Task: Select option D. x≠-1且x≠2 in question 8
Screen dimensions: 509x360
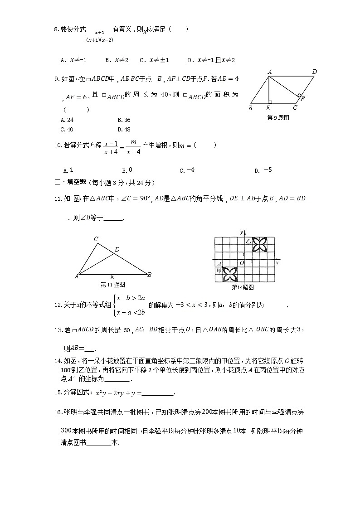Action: coord(211,60)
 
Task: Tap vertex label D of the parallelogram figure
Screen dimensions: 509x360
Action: coord(314,72)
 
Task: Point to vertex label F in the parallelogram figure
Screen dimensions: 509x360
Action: coord(302,98)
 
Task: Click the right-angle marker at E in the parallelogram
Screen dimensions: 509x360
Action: coord(269,102)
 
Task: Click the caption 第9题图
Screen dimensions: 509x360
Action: coord(278,117)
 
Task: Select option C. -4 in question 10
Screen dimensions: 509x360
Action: coord(187,170)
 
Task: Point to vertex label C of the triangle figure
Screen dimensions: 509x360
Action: coord(96,239)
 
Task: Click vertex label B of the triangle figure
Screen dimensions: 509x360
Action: coord(150,275)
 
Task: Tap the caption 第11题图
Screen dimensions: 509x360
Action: coord(112,285)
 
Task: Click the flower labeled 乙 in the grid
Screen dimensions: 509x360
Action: coord(260,244)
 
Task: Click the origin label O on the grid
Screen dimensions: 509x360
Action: coord(242,263)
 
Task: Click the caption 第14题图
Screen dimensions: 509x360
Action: coord(243,287)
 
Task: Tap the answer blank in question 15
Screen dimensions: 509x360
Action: coord(158,393)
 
